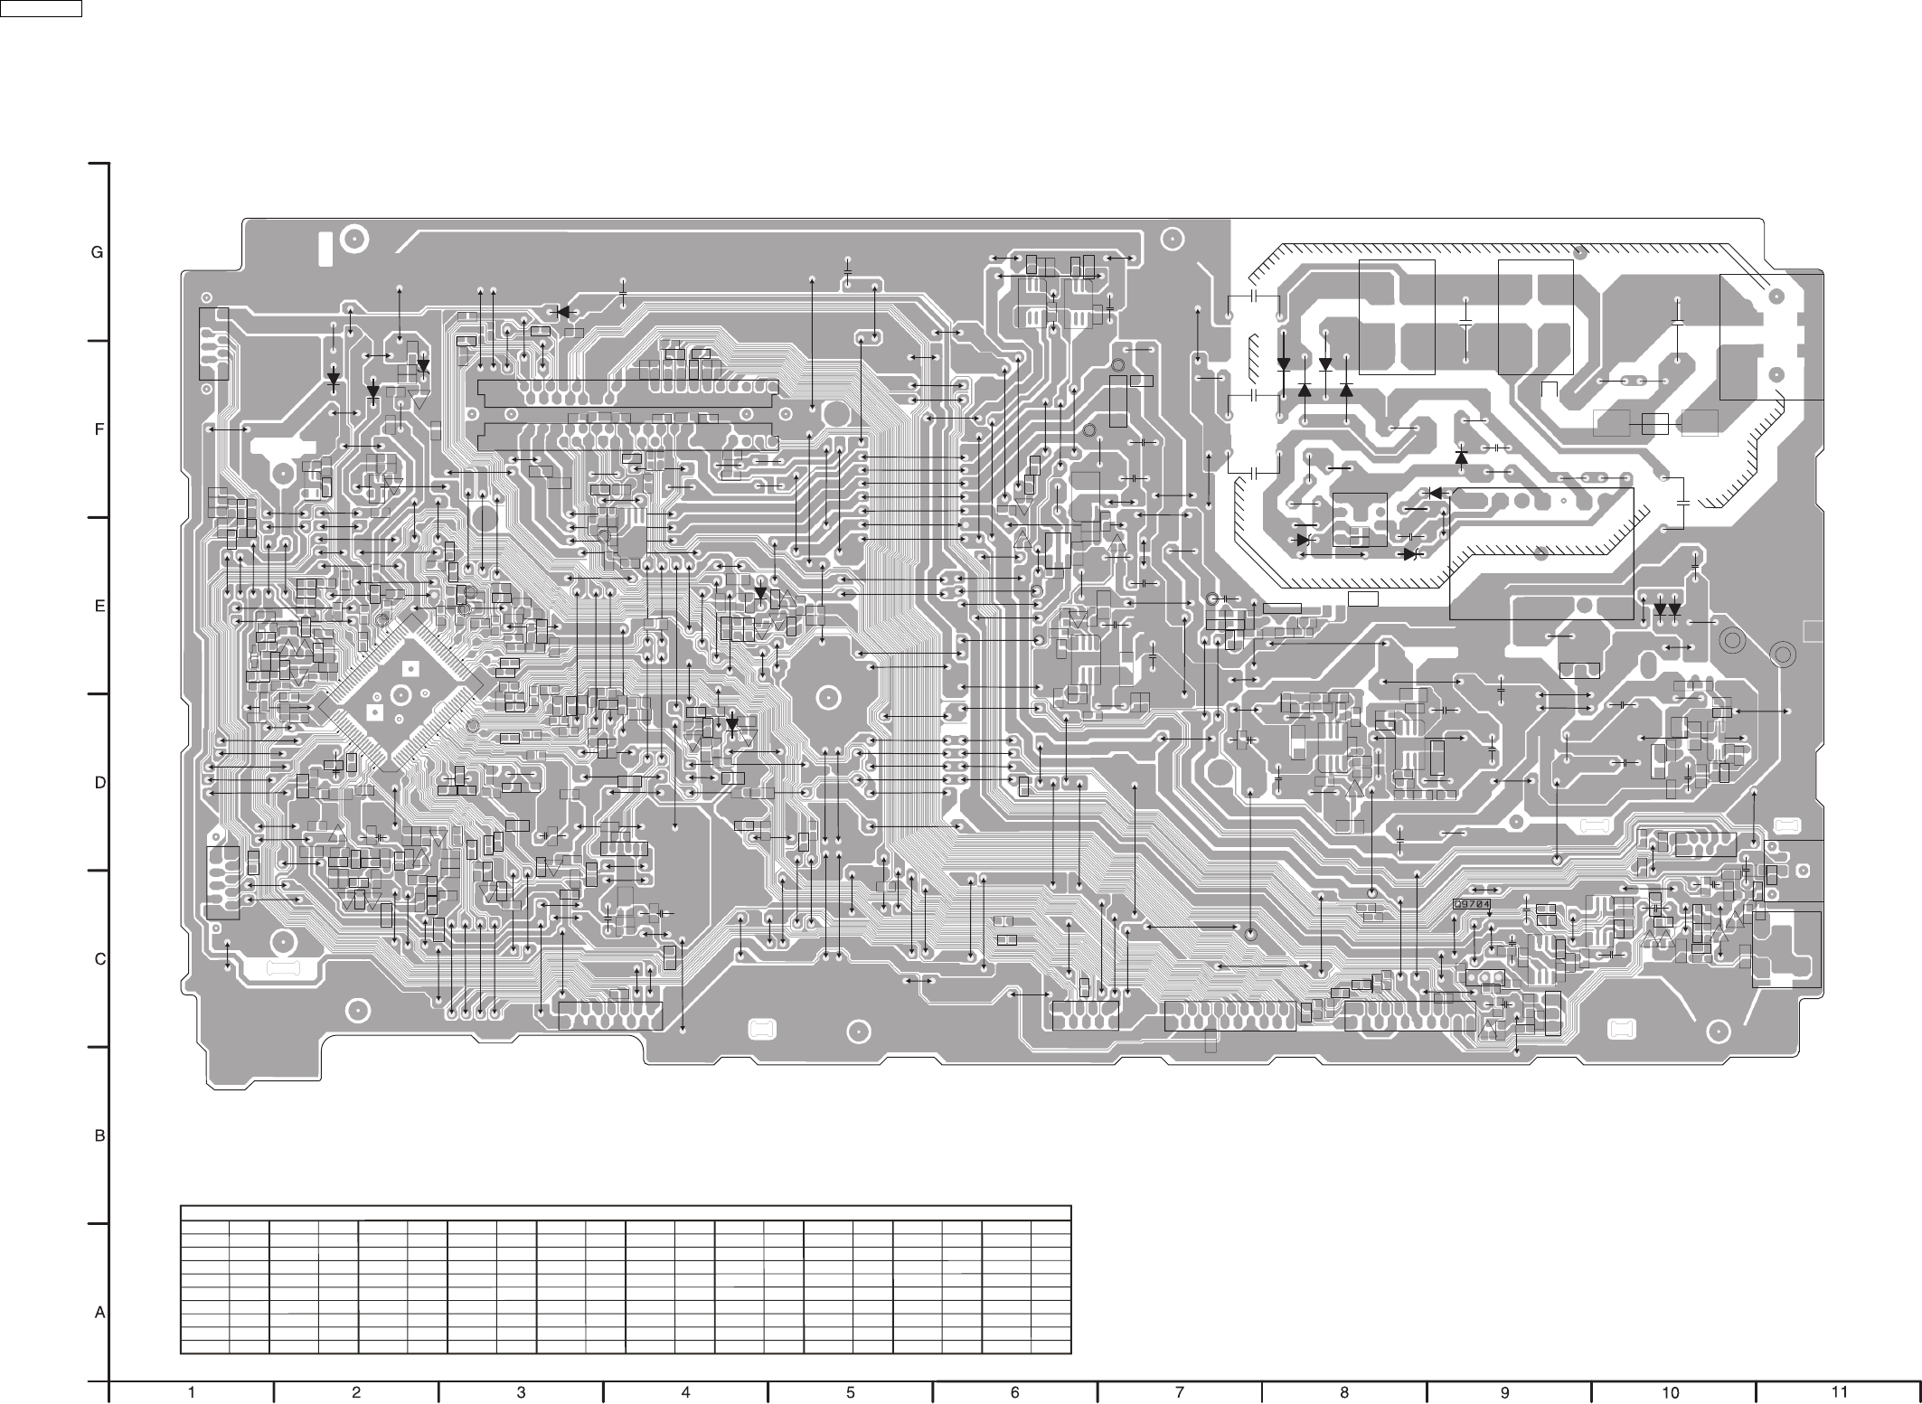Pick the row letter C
click(100, 959)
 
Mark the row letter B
click(100, 1135)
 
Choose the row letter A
click(100, 1312)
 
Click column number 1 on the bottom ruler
click(192, 1392)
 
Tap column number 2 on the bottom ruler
click(356, 1392)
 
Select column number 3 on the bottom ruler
click(521, 1392)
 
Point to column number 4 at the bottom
click(685, 1392)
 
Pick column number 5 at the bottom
click(851, 1392)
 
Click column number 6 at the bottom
click(1014, 1392)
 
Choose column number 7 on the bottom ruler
click(1179, 1392)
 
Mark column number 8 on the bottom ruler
click(1344, 1392)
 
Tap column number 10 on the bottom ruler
click(1671, 1392)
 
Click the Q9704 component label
click(1471, 903)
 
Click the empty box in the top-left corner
click(41, 9)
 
